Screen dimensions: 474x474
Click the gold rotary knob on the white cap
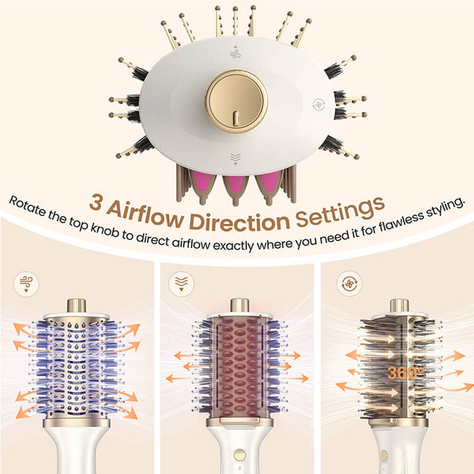pos(236,102)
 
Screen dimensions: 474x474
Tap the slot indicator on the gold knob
pos(236,118)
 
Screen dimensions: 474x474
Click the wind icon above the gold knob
pos(235,52)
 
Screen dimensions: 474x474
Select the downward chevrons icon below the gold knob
pos(235,159)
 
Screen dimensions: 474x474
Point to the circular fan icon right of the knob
pos(318,105)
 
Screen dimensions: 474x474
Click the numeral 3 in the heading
pos(96,202)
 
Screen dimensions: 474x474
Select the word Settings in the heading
pos(340,211)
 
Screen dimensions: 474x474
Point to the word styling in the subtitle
pos(444,208)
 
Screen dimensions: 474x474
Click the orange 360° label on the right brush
pos(406,373)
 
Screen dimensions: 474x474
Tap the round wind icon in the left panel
pos(26,284)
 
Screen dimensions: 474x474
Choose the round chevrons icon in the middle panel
pos(182,284)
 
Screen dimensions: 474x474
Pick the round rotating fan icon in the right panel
pos(349,284)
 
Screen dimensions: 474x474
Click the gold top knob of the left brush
pos(77,306)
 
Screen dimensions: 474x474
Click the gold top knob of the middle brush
pos(239,305)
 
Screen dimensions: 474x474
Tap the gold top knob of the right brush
pos(399,306)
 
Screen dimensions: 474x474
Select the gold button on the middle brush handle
pos(239,455)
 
